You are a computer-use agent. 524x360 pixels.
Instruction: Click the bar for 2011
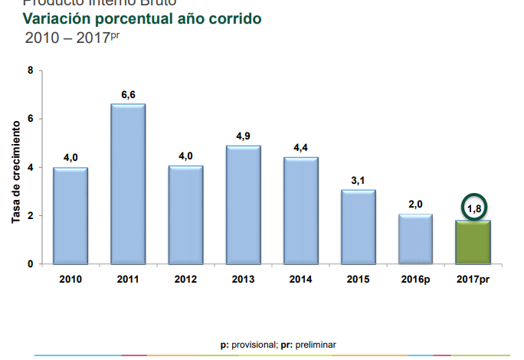pyautogui.click(x=128, y=184)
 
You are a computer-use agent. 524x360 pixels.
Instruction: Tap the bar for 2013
pyautogui.click(x=243, y=205)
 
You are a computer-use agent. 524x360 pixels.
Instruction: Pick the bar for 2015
pyautogui.click(x=358, y=227)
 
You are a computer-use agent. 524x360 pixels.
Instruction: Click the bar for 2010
pyautogui.click(x=70, y=215)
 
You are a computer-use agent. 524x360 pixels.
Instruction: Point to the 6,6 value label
pyautogui.click(x=128, y=94)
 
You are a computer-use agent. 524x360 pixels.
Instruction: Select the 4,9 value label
pyautogui.click(x=243, y=136)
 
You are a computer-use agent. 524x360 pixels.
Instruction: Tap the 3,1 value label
pyautogui.click(x=358, y=180)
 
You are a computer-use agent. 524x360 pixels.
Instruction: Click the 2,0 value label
pyautogui.click(x=415, y=205)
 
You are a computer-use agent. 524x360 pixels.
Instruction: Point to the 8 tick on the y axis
pyautogui.click(x=30, y=70)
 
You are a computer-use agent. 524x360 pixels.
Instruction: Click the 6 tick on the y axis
pyautogui.click(x=30, y=119)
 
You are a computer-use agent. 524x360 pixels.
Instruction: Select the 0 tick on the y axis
pyautogui.click(x=30, y=264)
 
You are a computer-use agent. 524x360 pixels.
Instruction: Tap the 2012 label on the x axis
pyautogui.click(x=185, y=280)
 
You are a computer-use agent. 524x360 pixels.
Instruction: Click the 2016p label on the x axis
pyautogui.click(x=415, y=280)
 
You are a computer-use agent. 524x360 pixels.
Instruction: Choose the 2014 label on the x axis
pyautogui.click(x=300, y=280)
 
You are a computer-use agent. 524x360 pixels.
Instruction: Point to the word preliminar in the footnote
pyautogui.click(x=316, y=345)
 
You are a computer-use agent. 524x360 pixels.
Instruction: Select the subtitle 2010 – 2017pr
pyautogui.click(x=72, y=37)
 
